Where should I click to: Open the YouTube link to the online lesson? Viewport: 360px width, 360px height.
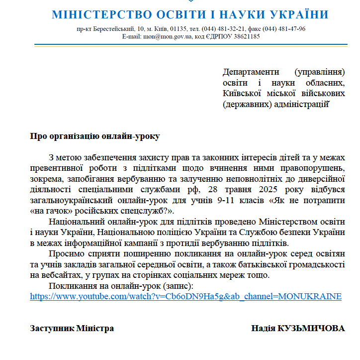(x=185, y=296)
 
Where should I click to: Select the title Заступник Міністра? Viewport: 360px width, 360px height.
(x=72, y=328)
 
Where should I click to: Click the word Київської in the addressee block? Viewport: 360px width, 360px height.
(x=241, y=93)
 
